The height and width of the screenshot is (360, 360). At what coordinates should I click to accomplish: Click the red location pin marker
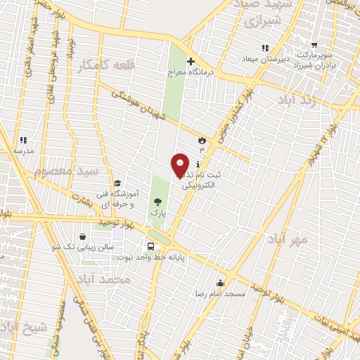click(181, 165)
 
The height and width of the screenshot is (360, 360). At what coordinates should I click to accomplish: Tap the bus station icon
click(151, 246)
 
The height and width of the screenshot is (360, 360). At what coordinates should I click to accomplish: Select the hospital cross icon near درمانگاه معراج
click(191, 62)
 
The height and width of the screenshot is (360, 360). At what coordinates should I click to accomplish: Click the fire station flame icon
click(202, 140)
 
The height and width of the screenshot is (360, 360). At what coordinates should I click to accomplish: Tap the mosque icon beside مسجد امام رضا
click(221, 283)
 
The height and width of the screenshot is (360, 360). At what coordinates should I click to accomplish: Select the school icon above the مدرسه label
click(23, 141)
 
